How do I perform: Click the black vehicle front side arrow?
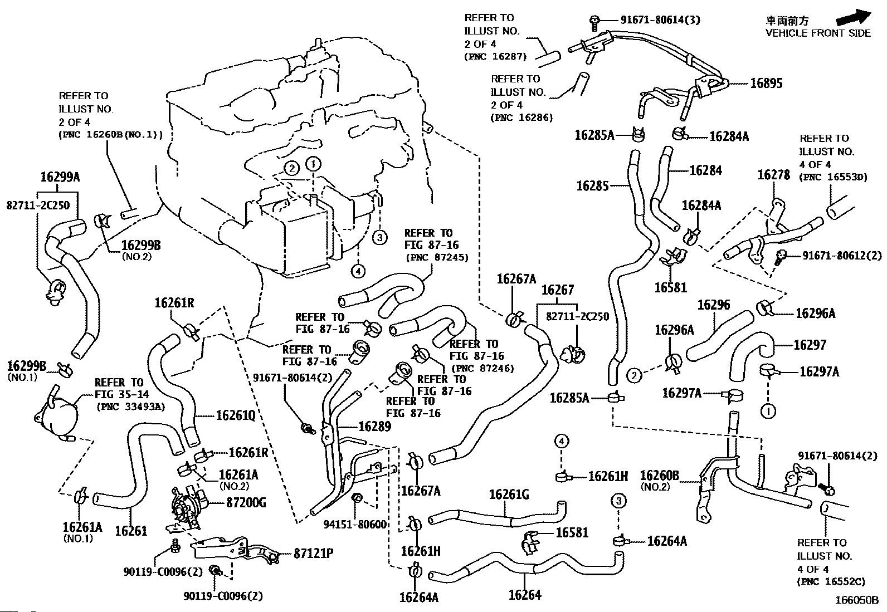click(x=853, y=17)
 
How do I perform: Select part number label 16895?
click(x=766, y=84)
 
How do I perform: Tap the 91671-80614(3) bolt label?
click(x=660, y=20)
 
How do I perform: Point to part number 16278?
click(x=773, y=175)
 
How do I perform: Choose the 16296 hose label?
click(x=713, y=305)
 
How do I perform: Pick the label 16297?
click(x=810, y=345)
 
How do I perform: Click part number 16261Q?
click(x=235, y=415)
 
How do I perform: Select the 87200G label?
click(x=246, y=503)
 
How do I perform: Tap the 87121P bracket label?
click(x=314, y=554)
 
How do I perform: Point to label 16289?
click(x=374, y=427)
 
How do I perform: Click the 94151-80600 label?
click(x=355, y=524)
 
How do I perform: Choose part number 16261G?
click(x=509, y=494)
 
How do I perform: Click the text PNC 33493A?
click(x=131, y=406)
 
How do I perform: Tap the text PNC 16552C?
click(x=831, y=582)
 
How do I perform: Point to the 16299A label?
click(x=60, y=177)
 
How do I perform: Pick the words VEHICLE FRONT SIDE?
click(x=817, y=33)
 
